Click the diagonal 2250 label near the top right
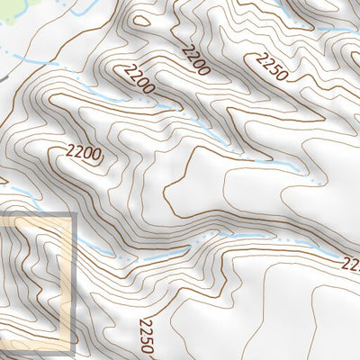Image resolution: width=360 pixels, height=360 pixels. (x=271, y=67)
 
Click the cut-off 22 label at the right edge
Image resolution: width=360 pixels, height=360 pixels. (x=351, y=265)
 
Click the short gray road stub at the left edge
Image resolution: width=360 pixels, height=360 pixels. (x=4, y=80)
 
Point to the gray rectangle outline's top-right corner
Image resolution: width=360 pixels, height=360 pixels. (x=71, y=216)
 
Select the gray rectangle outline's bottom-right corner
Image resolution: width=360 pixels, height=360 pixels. (x=71, y=348)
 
